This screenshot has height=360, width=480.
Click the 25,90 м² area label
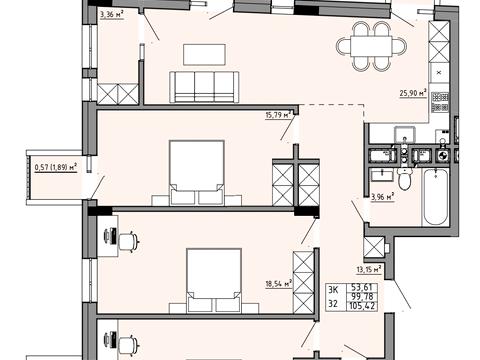click(x=413, y=93)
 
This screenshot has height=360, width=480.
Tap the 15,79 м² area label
click(x=278, y=115)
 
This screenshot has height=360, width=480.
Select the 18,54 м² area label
click(x=279, y=284)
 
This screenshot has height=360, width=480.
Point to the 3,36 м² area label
click(x=112, y=14)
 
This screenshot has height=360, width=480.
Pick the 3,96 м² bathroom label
click(x=383, y=197)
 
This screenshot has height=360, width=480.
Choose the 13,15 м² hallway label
click(x=369, y=269)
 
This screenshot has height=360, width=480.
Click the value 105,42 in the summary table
click(x=362, y=305)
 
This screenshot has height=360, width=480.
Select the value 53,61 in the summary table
click(x=362, y=288)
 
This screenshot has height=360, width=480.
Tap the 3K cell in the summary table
click(x=333, y=289)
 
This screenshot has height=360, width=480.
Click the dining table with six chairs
click(x=372, y=46)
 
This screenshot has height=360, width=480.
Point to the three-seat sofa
click(x=204, y=87)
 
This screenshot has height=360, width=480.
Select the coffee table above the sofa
click(x=204, y=55)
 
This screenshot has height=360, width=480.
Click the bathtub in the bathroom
click(x=435, y=197)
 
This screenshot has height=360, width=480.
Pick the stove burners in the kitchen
click(x=440, y=102)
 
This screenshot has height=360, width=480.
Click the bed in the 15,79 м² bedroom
click(x=197, y=173)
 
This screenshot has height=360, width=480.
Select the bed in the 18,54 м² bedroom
click(x=214, y=281)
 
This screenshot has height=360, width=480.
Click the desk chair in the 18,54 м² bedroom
click(x=128, y=241)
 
